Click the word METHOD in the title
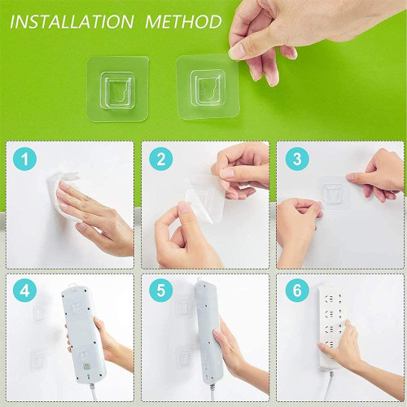(180, 20)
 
